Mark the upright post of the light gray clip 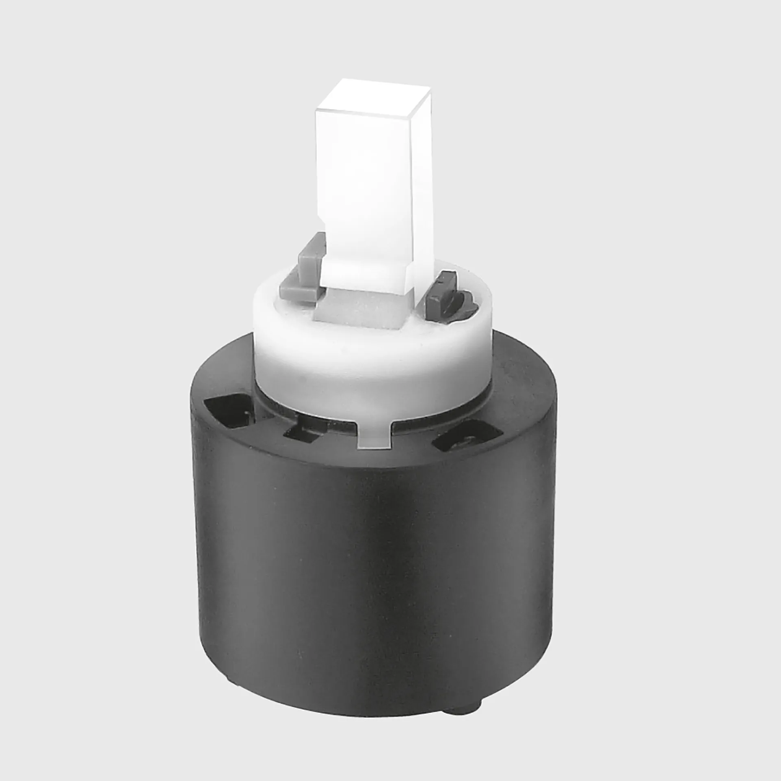313,252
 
